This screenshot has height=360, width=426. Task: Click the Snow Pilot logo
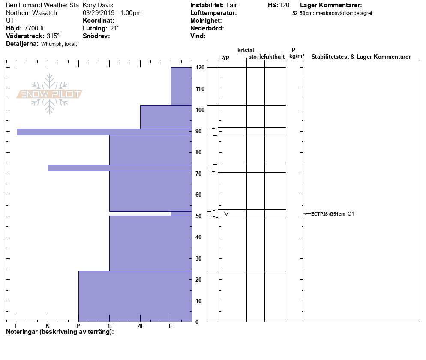50,94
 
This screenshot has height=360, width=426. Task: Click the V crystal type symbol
226,213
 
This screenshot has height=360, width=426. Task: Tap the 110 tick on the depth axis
200,89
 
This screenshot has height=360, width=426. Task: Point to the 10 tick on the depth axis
200,301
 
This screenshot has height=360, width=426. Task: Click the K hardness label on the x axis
48,326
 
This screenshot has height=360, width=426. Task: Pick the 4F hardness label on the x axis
141,326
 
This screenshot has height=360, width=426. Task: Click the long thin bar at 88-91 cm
104,132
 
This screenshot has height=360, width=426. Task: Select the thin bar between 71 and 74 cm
120,168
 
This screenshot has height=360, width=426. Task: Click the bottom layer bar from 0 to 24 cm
135,296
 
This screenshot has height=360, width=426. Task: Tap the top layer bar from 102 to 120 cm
181,86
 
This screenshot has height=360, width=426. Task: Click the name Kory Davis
98,5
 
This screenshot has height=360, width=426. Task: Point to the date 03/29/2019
98,13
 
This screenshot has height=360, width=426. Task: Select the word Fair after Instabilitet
232,5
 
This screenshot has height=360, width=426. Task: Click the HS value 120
284,5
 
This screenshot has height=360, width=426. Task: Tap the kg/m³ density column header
297,56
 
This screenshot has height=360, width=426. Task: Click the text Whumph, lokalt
59,44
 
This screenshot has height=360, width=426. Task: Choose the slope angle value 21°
114,28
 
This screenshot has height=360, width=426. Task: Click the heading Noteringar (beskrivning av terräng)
60,332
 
